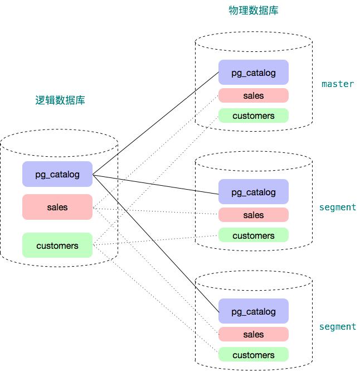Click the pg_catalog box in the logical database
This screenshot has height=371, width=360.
(57, 174)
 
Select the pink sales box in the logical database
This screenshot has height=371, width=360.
(57, 207)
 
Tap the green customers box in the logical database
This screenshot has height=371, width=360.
(57, 245)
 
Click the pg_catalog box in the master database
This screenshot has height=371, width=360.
(254, 73)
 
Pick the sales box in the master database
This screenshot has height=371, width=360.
(254, 95)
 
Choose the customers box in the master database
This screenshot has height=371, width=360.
(254, 116)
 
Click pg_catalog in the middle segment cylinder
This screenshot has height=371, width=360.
(254, 192)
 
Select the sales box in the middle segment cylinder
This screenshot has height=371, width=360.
(254, 215)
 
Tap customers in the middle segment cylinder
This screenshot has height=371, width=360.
(254, 235)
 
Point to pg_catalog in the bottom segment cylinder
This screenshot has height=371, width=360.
(254, 311)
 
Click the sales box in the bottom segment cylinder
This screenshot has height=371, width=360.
(254, 334)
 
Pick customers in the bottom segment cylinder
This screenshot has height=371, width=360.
(254, 355)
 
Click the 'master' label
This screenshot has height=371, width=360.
(338, 84)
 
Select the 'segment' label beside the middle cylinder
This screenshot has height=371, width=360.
(338, 207)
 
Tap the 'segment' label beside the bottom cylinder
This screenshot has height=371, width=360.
(338, 326)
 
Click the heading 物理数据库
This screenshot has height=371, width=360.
(254, 10)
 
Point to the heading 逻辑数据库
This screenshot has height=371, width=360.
(60, 100)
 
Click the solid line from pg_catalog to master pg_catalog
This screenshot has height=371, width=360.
(156, 123)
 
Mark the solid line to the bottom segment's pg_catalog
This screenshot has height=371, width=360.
(156, 243)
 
